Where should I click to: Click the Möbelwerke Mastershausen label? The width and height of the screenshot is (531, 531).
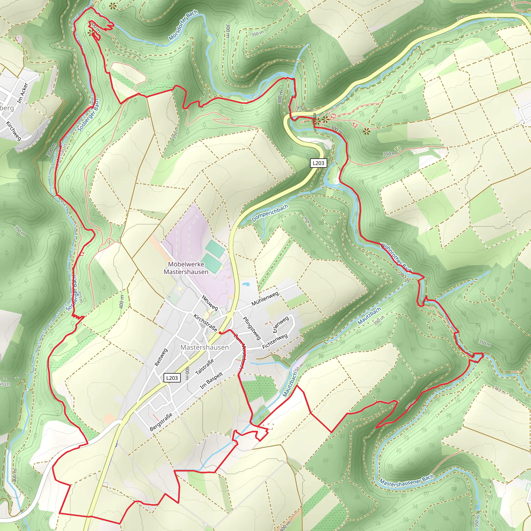pos(186,268)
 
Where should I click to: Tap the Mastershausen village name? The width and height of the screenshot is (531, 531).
pos(205,347)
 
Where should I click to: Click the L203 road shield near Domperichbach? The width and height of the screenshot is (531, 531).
pos(319,163)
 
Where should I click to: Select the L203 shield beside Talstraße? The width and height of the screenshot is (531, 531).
pos(172,378)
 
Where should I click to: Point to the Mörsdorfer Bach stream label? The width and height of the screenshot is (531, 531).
pos(183,25)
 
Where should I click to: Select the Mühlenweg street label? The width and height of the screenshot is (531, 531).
pos(265,299)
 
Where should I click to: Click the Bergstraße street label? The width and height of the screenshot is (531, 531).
pos(161,422)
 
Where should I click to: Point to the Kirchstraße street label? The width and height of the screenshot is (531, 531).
pos(205,323)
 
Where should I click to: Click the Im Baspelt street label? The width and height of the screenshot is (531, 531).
pos(211,381)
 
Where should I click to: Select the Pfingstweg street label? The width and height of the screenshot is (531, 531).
pos(251,328)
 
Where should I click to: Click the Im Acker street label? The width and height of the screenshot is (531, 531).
pos(23,93)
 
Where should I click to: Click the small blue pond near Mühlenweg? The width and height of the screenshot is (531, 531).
pos(246,284)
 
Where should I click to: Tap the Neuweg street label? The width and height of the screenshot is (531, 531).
pos(210,303)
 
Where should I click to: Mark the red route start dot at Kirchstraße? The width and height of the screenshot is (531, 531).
pos(220,333)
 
